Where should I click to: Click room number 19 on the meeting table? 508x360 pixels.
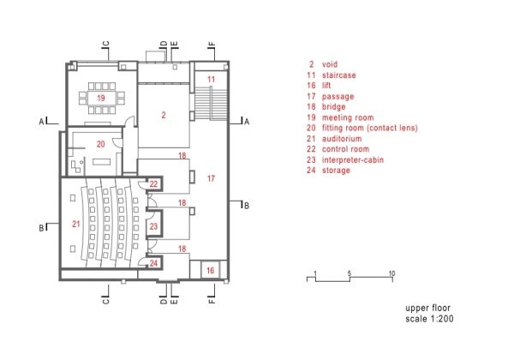click(101, 98)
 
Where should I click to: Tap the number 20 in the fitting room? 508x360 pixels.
click(101, 144)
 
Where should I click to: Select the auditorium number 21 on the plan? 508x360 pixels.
click(76, 224)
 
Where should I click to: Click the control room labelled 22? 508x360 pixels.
click(153, 184)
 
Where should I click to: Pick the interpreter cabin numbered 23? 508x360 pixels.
click(153, 226)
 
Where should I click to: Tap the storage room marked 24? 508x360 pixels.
click(153, 263)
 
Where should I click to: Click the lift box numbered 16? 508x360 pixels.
click(210, 270)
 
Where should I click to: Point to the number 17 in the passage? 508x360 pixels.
click(211, 178)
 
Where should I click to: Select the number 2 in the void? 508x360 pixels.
click(164, 115)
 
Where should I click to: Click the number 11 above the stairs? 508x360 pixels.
click(211, 80)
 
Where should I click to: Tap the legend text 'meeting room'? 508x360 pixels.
click(348, 117)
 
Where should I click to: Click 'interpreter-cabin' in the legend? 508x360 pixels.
click(353, 159)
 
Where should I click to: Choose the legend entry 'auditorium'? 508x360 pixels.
click(342, 139)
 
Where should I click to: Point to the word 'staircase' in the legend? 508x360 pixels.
click(339, 75)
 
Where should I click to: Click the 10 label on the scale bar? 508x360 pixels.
click(392, 273)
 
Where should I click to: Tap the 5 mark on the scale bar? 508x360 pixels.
click(350, 273)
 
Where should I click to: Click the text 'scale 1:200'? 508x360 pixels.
click(429, 319)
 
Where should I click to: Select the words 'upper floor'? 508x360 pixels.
click(427, 308)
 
